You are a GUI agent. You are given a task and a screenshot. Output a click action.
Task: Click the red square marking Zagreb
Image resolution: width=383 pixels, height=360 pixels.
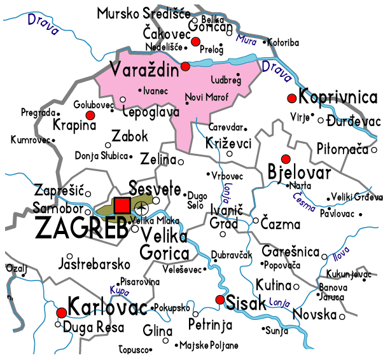122,205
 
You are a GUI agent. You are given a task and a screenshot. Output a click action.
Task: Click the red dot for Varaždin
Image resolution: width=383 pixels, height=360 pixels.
185,66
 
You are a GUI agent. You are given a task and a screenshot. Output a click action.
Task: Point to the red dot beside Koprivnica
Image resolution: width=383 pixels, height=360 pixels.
292,98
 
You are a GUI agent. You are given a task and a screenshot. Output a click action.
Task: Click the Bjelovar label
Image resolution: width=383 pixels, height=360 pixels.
300,173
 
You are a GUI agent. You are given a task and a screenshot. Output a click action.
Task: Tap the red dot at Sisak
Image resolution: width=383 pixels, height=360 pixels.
220,300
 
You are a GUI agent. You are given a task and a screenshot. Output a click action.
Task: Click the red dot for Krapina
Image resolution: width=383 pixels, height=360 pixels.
90,114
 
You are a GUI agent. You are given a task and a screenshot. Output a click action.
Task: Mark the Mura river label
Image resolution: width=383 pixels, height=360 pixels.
246,39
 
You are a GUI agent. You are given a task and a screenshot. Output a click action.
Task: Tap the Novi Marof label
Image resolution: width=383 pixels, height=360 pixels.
205,97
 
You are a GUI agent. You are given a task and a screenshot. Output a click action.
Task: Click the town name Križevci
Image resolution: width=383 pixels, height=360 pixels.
229,144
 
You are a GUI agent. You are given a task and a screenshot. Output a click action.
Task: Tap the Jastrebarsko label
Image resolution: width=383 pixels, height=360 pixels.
94,263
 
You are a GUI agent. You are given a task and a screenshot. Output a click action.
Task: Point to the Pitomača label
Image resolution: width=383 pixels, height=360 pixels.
342,149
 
